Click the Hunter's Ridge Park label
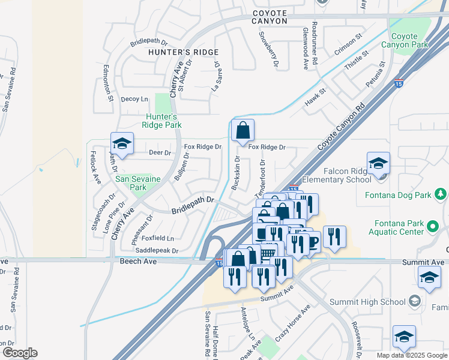[x=161, y=121]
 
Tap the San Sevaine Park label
[x=131, y=182]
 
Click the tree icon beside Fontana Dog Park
[x=441, y=194]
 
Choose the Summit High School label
[x=372, y=301]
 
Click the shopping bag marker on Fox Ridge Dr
[x=243, y=131]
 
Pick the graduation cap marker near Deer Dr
[x=122, y=144]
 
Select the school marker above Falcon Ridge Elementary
[x=379, y=163]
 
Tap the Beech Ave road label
[x=139, y=262]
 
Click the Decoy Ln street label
[x=134, y=99]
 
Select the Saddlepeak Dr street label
[x=157, y=250]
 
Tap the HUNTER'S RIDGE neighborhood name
[x=184, y=52]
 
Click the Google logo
[x=20, y=353]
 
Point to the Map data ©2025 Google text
[x=411, y=355]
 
